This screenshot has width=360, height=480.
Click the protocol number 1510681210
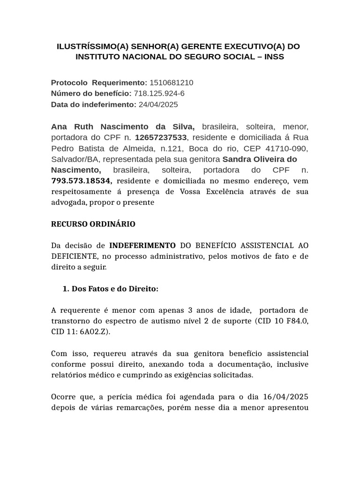171,83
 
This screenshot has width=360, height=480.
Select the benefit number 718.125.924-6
159,94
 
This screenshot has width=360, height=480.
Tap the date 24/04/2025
158,105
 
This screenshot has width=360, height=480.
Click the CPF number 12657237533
161,137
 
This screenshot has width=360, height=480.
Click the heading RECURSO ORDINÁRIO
93,224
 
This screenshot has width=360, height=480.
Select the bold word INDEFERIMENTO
142,246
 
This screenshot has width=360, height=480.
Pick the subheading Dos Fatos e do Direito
115,289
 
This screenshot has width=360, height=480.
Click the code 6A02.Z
93,331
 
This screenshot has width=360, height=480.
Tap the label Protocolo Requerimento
99,83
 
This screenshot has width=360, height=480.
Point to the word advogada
71,202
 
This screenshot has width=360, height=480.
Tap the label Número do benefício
91,94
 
